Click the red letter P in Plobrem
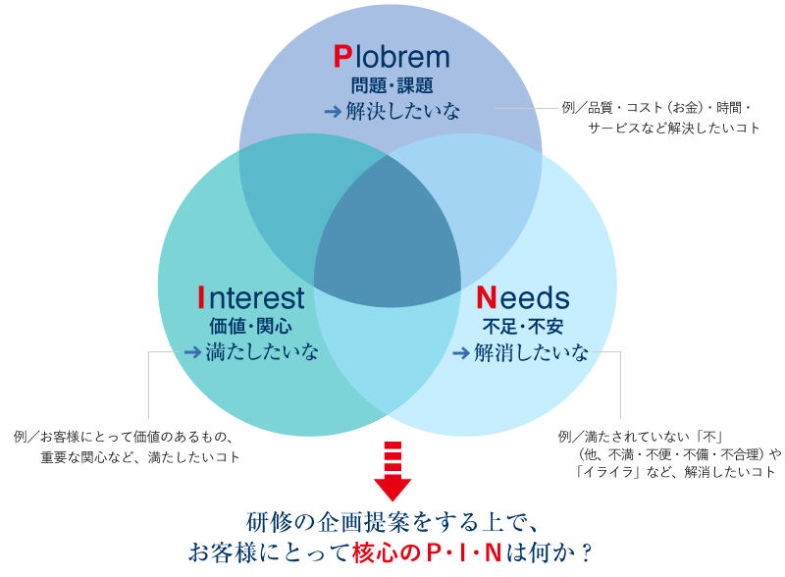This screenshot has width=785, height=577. (x=342, y=57)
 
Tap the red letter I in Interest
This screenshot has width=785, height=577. (x=201, y=296)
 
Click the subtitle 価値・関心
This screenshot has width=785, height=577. (x=251, y=325)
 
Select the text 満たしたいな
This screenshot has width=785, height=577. (x=262, y=352)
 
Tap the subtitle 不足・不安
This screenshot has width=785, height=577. (x=523, y=325)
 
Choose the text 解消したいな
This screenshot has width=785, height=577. (x=532, y=352)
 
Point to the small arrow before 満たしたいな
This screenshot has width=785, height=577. (x=191, y=352)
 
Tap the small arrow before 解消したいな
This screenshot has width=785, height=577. (x=460, y=352)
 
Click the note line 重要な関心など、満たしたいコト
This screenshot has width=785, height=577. (x=140, y=457)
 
